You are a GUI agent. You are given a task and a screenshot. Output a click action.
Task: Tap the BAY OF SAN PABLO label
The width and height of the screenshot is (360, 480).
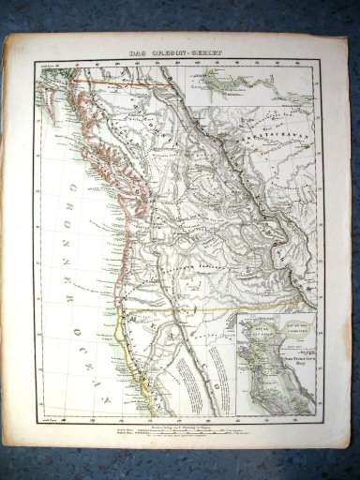coord(258,333)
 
